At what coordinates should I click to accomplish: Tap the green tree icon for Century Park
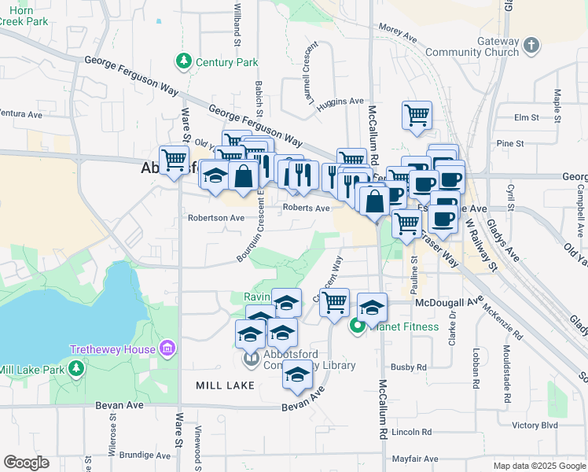(184, 61)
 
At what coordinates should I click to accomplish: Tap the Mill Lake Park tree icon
(75, 368)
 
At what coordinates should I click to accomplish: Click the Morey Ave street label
(397, 31)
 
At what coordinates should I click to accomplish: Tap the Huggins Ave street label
(340, 101)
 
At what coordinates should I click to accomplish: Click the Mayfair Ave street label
(414, 459)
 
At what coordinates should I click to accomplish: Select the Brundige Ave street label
(145, 455)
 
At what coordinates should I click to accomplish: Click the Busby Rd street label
(409, 367)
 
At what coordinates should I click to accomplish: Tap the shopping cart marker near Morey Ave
(417, 115)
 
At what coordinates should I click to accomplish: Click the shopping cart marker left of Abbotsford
(174, 160)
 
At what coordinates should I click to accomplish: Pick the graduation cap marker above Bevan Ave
(296, 377)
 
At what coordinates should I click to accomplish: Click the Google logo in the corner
(26, 463)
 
